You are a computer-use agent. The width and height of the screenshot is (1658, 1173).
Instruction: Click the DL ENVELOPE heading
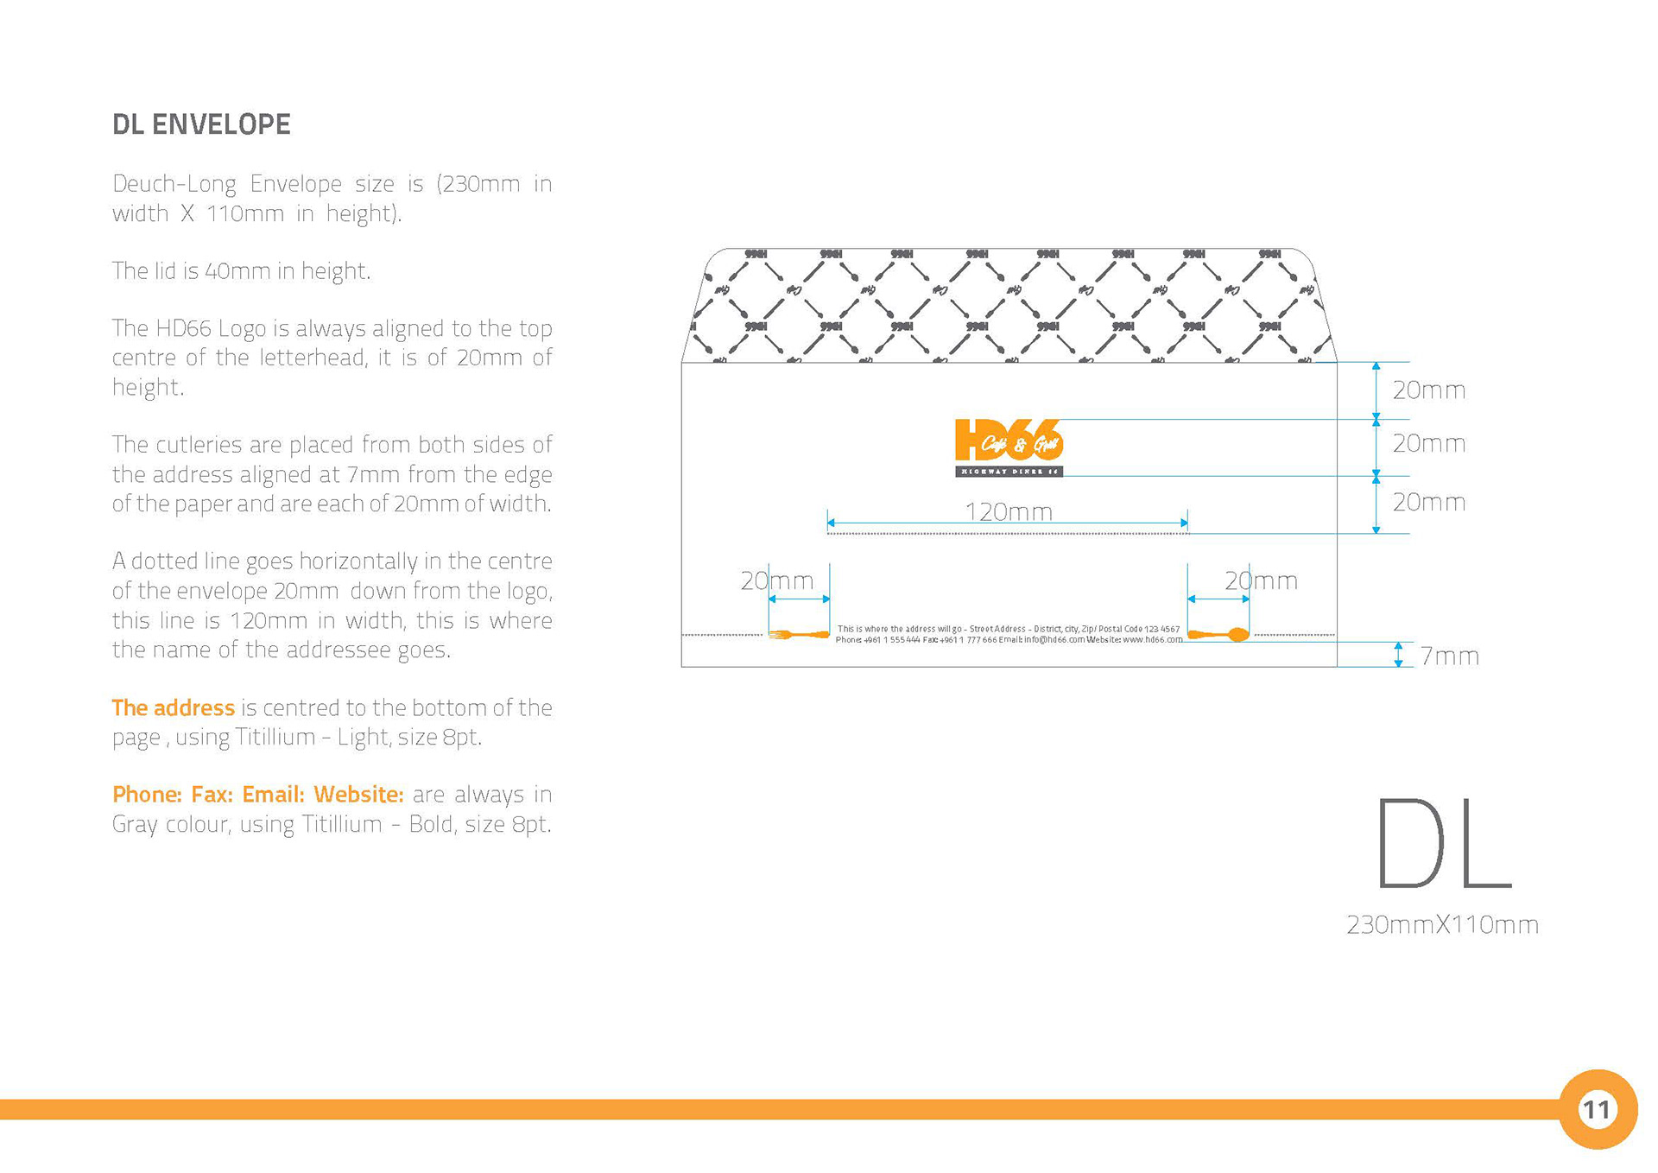coord(201,124)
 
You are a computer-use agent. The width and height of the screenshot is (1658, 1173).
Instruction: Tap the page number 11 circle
coord(1597,1108)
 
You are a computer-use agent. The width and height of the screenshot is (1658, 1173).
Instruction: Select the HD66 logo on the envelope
coord(1009,447)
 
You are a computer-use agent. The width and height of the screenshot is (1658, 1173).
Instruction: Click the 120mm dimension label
coord(1008,512)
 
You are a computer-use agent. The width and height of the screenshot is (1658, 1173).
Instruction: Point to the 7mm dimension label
coord(1449,656)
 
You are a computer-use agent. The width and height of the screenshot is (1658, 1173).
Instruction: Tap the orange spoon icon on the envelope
coord(1218,635)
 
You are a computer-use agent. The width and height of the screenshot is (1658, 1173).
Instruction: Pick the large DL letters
coord(1442,844)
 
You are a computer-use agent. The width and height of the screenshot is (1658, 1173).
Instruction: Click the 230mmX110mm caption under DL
coord(1442,925)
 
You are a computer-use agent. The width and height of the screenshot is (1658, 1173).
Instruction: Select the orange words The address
coord(173,708)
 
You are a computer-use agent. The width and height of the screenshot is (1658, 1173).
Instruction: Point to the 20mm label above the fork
coord(776,580)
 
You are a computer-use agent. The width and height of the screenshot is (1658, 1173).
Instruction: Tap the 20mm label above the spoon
coord(1261,580)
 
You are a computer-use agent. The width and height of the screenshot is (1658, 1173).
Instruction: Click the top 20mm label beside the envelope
coord(1428,390)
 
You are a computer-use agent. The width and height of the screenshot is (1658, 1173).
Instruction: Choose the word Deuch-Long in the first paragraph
coord(174,184)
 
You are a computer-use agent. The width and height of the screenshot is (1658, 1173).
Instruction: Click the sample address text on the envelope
coord(1008,634)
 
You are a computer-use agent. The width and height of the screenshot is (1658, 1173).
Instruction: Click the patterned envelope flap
coord(1009,304)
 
